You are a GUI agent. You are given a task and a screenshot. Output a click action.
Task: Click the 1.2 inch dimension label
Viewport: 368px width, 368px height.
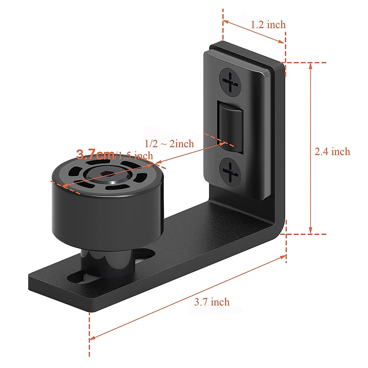[x=268, y=25]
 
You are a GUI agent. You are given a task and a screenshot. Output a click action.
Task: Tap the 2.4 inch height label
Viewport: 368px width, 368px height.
[x=332, y=151]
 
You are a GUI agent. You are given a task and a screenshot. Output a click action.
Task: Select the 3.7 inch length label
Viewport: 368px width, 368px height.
[x=212, y=302]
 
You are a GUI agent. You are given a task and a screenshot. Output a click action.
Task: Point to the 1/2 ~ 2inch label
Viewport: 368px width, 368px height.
[x=169, y=144]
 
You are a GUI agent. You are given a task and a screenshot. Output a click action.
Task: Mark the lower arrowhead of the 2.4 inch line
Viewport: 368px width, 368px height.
[x=310, y=232]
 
